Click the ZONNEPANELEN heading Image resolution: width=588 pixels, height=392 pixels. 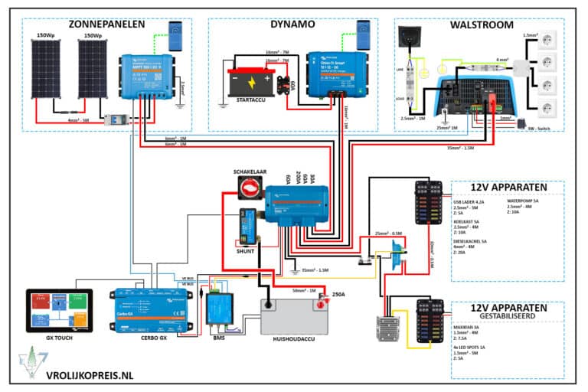[x=106, y=24]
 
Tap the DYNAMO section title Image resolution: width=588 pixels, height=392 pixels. [x=292, y=24]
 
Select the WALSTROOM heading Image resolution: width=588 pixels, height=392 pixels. [x=483, y=24]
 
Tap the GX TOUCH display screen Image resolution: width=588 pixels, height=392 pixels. [x=59, y=309]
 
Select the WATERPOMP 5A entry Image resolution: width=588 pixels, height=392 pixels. [x=526, y=202]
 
